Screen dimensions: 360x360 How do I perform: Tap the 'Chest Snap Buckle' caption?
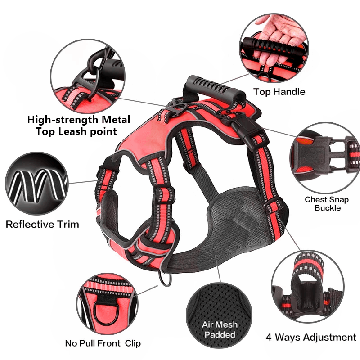click(328, 203)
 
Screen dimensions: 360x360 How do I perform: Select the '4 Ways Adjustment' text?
click(311, 337)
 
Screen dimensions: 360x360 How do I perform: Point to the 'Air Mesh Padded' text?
click(220, 329)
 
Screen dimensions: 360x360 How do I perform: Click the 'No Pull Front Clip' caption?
click(103, 343)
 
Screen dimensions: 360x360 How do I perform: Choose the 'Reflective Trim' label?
click(42, 224)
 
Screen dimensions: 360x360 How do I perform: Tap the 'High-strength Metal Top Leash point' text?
click(79, 126)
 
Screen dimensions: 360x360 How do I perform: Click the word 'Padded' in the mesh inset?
click(220, 334)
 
